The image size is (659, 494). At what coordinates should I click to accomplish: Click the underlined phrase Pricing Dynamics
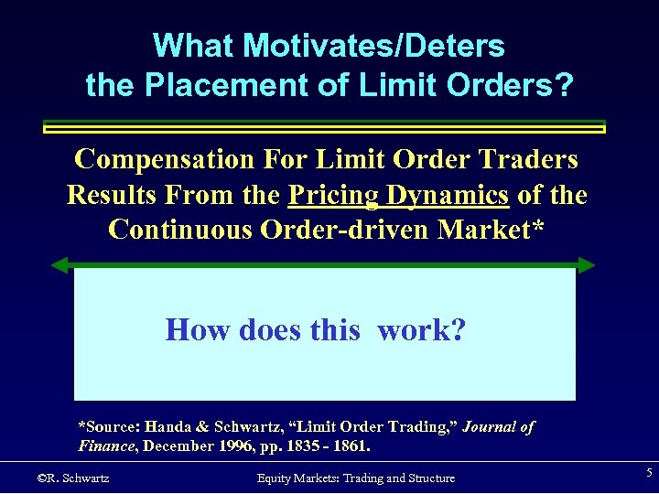point(398,195)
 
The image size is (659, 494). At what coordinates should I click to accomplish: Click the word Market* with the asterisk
point(491,229)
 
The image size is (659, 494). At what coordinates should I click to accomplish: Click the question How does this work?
point(315,329)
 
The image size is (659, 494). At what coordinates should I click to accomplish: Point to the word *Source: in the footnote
point(112,427)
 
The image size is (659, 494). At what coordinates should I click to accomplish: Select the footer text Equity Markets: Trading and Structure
point(355,478)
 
